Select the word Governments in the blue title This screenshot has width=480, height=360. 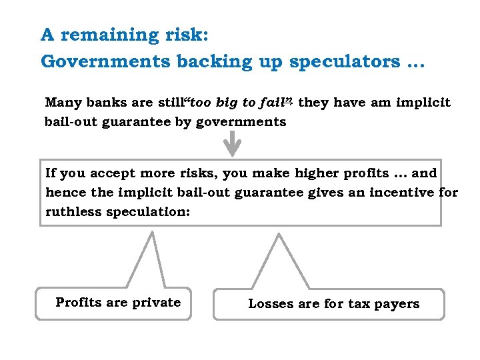tap(105, 61)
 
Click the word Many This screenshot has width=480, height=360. tap(63, 103)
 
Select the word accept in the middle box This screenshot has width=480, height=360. tap(115, 173)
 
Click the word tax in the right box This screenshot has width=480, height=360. tap(359, 304)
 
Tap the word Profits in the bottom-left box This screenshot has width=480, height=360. tap(78, 303)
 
